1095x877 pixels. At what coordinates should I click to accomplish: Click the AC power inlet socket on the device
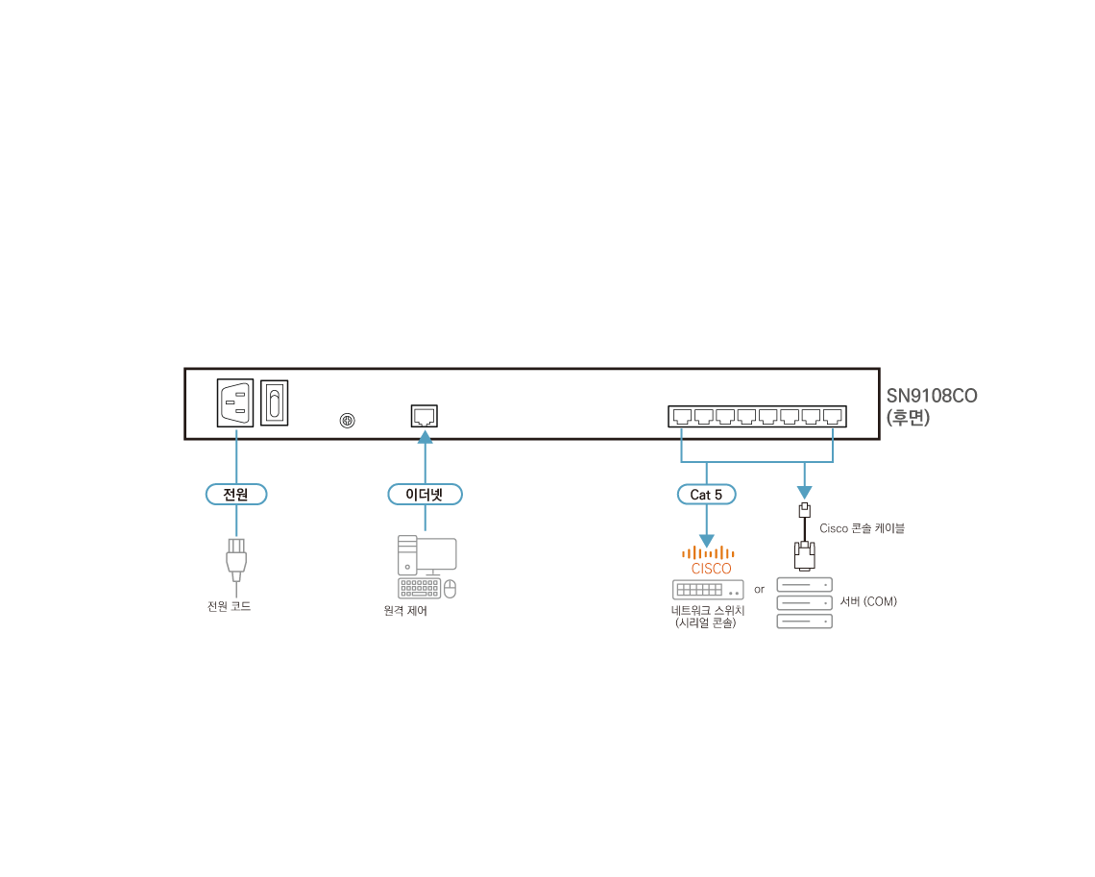(x=235, y=402)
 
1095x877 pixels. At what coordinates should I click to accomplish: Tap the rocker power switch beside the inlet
(x=275, y=402)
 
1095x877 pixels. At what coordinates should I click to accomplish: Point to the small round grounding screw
(x=348, y=421)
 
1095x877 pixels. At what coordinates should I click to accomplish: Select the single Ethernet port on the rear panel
(x=425, y=416)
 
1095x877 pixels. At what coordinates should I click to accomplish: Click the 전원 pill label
(x=235, y=495)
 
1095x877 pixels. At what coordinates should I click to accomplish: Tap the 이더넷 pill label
(x=425, y=495)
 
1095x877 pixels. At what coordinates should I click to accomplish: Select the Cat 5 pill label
(x=706, y=495)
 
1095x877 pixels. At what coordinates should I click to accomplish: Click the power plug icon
(x=236, y=559)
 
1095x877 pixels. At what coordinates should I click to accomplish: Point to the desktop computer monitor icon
(x=437, y=553)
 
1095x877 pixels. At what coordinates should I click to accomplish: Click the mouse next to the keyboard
(x=450, y=588)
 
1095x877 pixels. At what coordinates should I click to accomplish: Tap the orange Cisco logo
(x=709, y=559)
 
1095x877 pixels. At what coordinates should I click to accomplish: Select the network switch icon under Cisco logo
(x=708, y=590)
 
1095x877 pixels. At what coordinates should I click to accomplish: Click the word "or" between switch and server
(x=759, y=589)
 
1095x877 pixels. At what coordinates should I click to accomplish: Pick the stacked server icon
(x=804, y=603)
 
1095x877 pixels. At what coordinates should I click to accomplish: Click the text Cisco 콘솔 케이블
(x=862, y=528)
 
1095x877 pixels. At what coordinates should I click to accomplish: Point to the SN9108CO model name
(x=932, y=396)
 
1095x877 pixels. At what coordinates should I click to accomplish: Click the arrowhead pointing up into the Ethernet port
(x=425, y=438)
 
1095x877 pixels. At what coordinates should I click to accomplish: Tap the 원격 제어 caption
(x=405, y=611)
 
